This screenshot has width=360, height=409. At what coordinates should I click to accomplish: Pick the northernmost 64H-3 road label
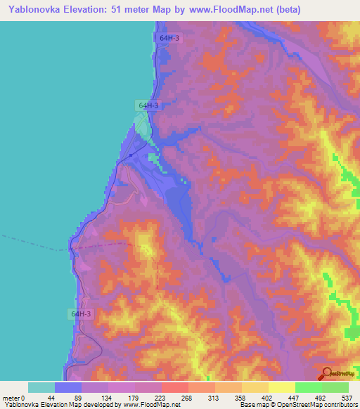[x=169, y=39]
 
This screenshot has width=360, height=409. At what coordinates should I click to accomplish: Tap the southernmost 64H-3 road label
[x=81, y=313]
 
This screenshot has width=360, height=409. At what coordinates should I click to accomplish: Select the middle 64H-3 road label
[x=148, y=105]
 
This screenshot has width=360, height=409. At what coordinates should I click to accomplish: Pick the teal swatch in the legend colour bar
[x=41, y=387]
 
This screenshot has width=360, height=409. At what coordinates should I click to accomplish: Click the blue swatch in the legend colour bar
[x=68, y=387]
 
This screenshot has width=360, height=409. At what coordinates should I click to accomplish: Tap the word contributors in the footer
[x=337, y=404]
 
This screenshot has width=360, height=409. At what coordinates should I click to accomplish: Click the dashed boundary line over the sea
[x=35, y=243]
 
